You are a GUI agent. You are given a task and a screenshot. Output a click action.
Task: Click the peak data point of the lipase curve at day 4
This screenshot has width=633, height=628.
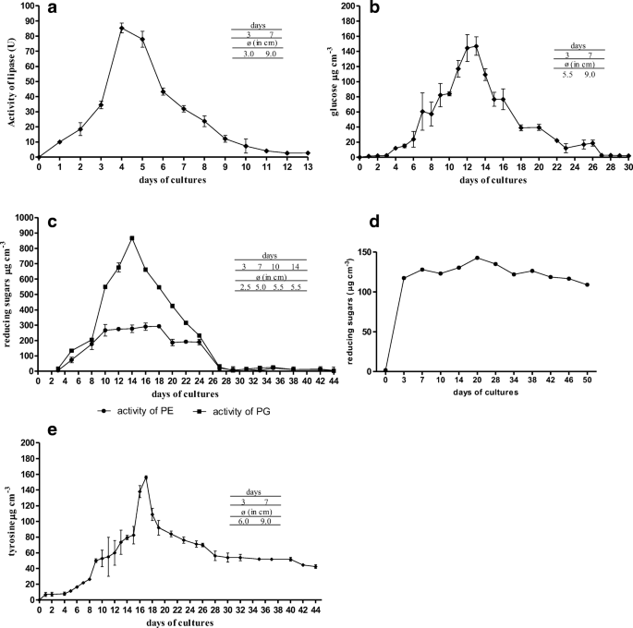point(122,28)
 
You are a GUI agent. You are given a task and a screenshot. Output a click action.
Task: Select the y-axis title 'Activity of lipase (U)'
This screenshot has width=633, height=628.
point(12,80)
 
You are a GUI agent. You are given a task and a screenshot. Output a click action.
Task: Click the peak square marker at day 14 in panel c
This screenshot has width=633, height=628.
point(132,238)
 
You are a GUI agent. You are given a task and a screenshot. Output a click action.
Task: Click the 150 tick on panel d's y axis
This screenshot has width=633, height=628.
point(366,252)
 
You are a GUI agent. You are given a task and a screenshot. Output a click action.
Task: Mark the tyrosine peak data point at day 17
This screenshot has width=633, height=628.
point(146,477)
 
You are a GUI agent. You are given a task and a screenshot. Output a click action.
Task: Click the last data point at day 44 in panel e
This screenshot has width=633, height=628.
point(316,567)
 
